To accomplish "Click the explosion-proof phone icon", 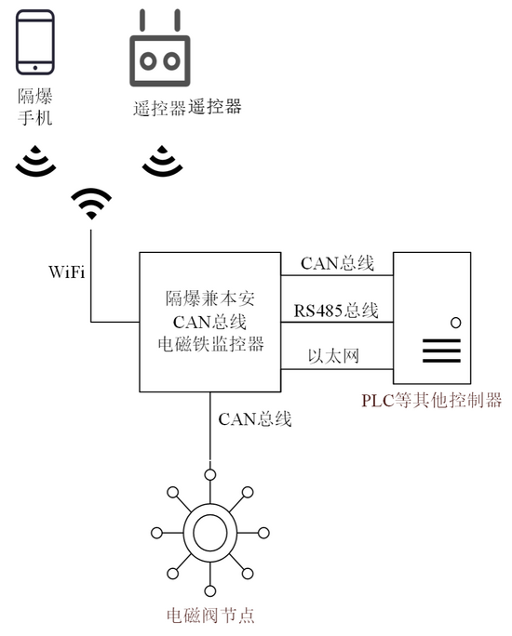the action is coord(35,42).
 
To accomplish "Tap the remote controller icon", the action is coord(159,47).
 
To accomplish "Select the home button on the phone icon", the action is coord(35,68).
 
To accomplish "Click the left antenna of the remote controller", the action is coord(142,20).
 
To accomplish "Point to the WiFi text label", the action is coord(67,272).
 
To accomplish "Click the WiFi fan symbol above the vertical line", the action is coord(91,204).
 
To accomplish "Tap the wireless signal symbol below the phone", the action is coord(35,161).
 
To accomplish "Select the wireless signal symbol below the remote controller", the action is coord(162,161).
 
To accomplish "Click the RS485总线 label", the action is coord(336,311).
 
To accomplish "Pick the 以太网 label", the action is coord(333,356).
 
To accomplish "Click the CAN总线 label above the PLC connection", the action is coord(337,263).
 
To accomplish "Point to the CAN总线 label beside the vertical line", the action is coord(254,419).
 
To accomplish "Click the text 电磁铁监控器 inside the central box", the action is coord(210,344).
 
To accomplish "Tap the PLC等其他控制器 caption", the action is coord(432,401).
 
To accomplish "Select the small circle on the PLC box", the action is coord(456,323).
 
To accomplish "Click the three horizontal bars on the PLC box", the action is coord(442,351).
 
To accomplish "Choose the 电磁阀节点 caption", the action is coord(210,616).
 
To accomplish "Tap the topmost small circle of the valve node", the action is coord(209,474).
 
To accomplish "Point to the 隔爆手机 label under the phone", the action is coord(35,107).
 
